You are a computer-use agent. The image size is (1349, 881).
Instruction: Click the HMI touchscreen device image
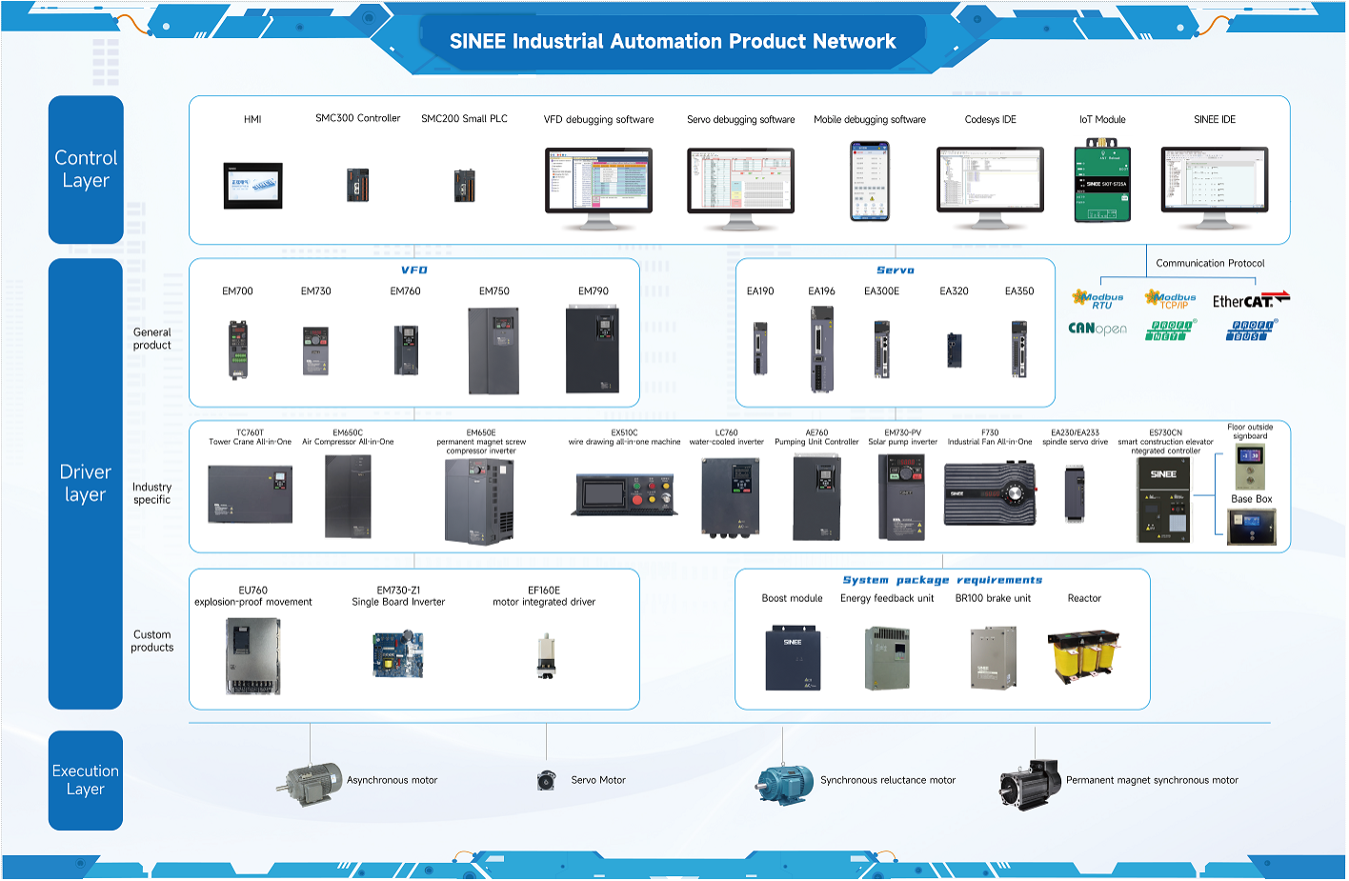click(x=252, y=186)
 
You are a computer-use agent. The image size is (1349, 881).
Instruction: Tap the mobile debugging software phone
click(x=869, y=181)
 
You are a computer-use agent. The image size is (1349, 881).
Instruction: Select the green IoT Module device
click(x=1102, y=181)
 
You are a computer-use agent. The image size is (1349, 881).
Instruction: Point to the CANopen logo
click(x=1097, y=329)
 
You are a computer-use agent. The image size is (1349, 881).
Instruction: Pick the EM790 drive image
click(x=593, y=350)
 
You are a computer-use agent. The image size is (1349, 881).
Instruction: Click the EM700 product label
click(x=237, y=291)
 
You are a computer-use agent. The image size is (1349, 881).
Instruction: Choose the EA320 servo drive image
click(x=955, y=350)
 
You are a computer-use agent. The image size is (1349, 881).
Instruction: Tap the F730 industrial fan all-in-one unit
click(x=989, y=493)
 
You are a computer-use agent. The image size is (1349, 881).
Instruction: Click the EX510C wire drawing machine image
click(x=625, y=494)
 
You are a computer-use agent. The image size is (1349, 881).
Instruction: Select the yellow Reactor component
click(x=1083, y=656)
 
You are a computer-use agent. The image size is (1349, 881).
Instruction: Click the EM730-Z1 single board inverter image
click(x=398, y=654)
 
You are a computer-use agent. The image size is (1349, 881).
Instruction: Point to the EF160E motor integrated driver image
click(x=546, y=656)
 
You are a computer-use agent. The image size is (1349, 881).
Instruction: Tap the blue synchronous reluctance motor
click(x=785, y=785)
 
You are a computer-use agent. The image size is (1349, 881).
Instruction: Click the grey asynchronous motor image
click(x=311, y=784)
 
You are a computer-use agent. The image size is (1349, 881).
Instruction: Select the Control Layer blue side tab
click(x=86, y=170)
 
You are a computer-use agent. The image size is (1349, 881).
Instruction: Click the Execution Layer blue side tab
click(x=86, y=780)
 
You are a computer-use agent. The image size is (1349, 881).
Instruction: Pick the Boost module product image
click(x=793, y=657)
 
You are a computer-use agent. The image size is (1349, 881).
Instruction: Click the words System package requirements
click(x=942, y=580)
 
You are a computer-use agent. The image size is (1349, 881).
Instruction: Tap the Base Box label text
click(x=1251, y=499)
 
